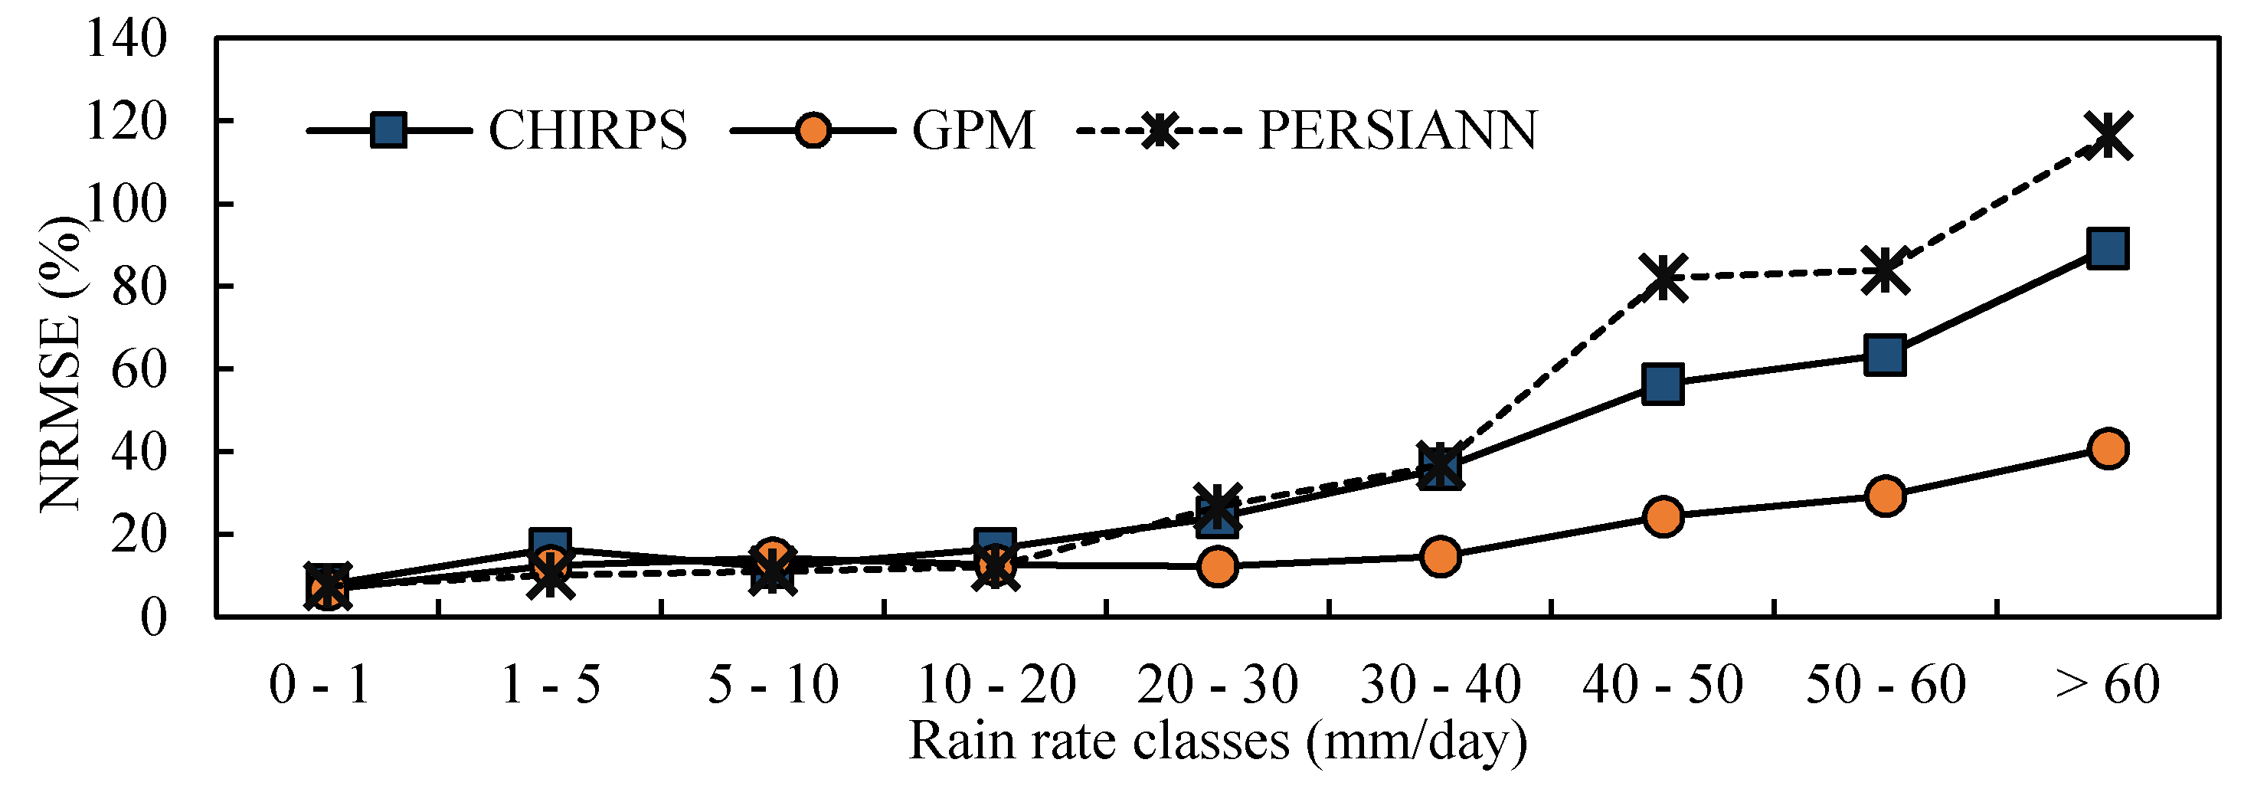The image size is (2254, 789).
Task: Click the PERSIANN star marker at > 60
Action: coord(2107,136)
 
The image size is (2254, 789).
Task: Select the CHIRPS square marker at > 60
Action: coord(2107,248)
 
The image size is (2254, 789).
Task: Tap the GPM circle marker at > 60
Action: coord(2107,449)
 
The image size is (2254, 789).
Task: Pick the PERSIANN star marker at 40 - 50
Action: coord(1663,277)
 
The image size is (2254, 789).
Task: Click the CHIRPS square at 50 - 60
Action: coord(1885,354)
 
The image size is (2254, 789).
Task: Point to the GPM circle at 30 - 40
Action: coord(1441,556)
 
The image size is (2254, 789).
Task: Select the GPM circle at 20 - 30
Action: coord(1217,566)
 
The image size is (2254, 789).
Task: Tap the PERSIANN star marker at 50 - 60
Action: coord(1885,270)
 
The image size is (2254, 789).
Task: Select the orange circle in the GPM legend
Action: coord(813,131)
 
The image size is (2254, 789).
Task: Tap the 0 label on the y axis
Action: coord(153,617)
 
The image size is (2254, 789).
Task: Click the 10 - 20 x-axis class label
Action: coord(995,684)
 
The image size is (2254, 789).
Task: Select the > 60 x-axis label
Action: coord(2107,684)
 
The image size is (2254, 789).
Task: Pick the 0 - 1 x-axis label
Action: coord(319,684)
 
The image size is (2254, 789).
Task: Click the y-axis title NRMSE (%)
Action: coord(61,363)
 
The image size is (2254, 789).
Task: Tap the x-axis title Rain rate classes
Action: coord(1217,742)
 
